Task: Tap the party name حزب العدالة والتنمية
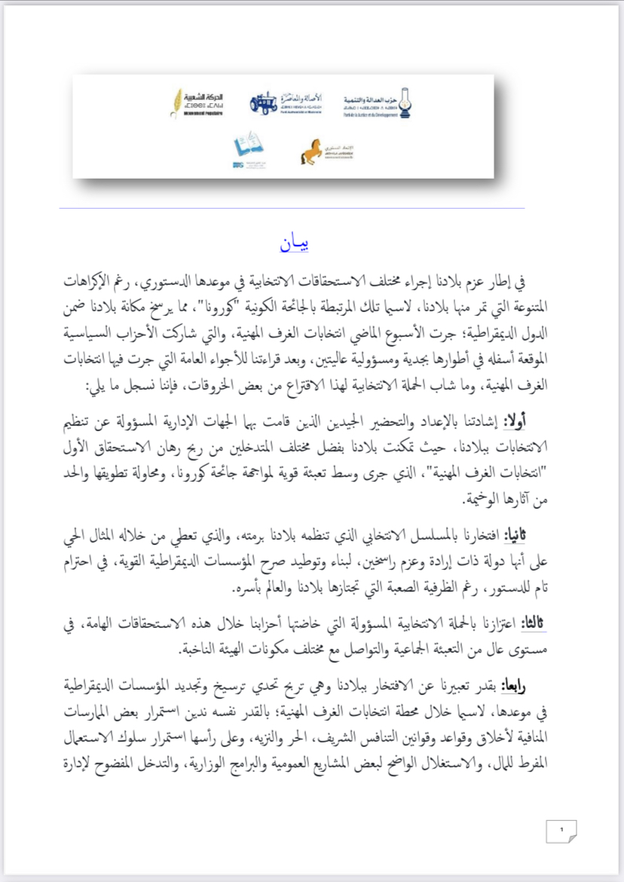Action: (370, 99)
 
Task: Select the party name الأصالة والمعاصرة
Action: (300, 97)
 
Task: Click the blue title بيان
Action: (294, 245)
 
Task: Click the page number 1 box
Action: (561, 831)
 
